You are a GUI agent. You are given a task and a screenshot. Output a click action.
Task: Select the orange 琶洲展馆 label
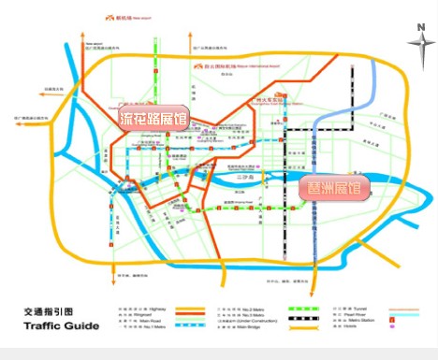[341, 188]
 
